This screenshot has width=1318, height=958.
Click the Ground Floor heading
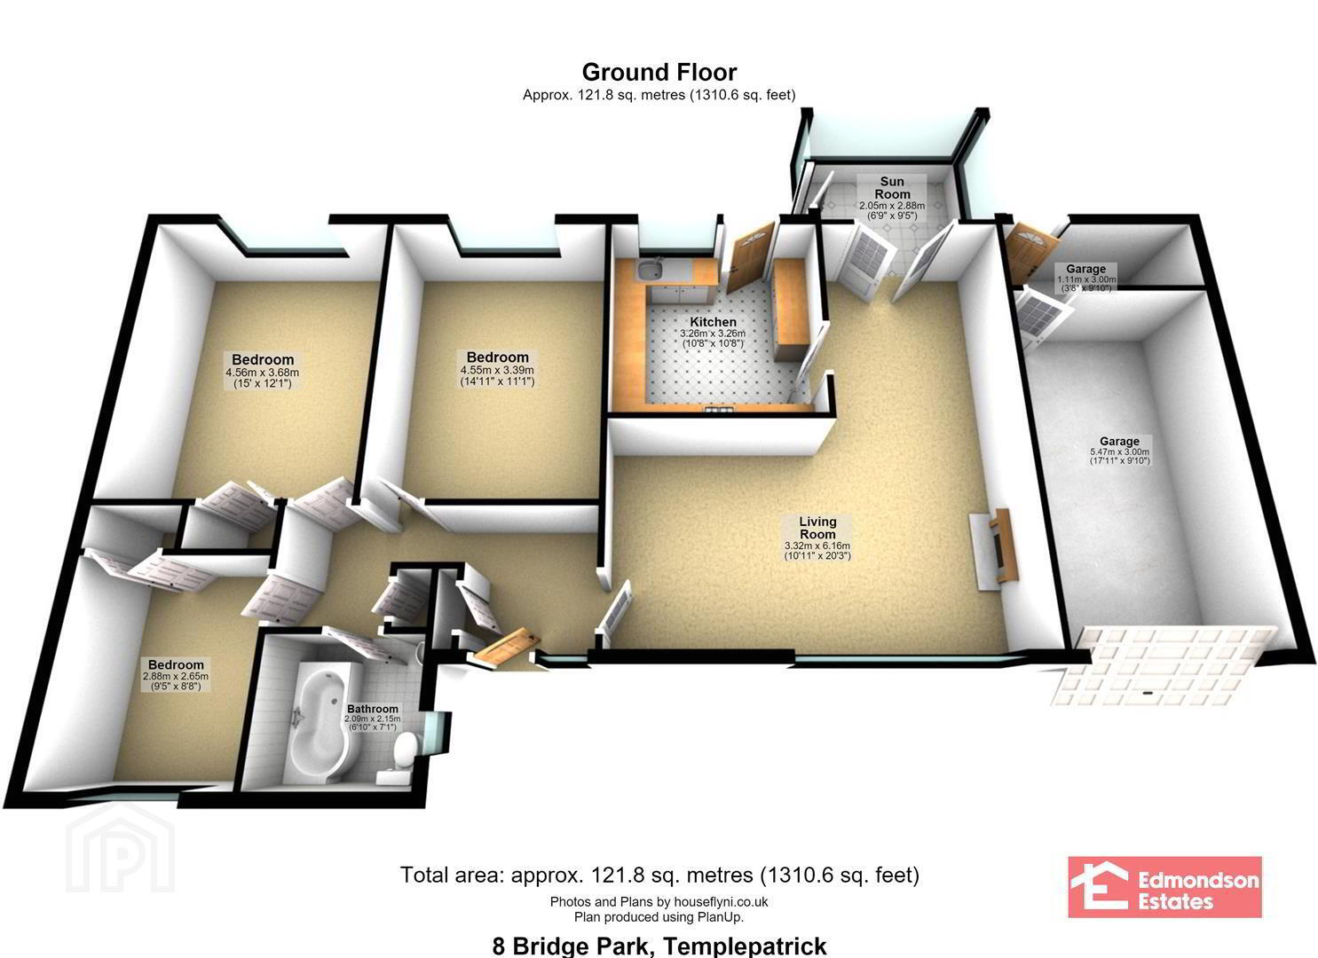[659, 73]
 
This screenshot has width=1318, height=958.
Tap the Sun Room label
[892, 187]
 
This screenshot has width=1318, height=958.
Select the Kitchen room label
[713, 322]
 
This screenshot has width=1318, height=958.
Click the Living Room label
[817, 528]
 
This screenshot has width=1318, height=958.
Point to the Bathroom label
[373, 709]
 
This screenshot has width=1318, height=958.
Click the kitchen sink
[650, 271]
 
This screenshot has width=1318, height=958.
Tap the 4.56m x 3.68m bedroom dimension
[262, 373]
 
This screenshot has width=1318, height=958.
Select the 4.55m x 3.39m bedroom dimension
[497, 370]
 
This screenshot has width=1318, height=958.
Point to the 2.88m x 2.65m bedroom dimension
[176, 676]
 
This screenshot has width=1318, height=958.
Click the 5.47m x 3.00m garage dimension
[1120, 452]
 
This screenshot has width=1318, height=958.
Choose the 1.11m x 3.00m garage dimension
[1086, 280]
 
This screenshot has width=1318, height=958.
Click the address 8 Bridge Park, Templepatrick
[659, 946]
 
